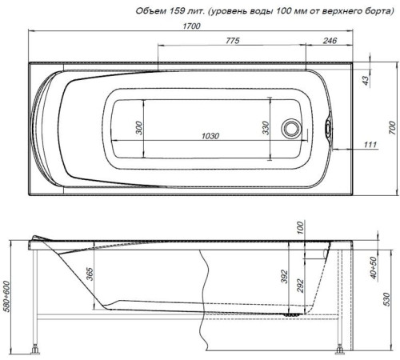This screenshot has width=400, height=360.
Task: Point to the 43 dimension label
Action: pyautogui.click(x=366, y=80)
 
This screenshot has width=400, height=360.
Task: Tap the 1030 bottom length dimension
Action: pyautogui.click(x=210, y=137)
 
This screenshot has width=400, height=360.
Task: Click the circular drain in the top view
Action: pyautogui.click(x=293, y=128)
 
